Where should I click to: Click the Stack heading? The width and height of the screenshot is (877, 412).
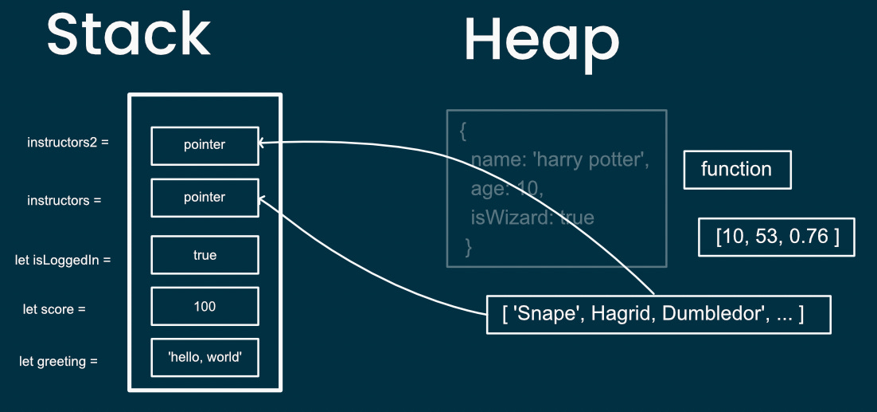click(x=128, y=35)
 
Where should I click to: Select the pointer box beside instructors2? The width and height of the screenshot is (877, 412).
click(x=205, y=145)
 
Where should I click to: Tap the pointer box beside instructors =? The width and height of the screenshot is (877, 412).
click(x=205, y=198)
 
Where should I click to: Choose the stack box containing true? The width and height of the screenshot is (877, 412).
click(x=205, y=255)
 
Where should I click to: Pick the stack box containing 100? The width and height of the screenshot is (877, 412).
click(x=205, y=306)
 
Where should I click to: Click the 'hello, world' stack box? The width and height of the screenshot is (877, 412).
click(x=205, y=357)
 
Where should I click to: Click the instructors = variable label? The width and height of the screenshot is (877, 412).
click(x=64, y=200)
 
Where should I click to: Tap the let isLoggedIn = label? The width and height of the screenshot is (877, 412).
click(x=63, y=259)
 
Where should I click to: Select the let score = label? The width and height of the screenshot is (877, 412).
click(x=53, y=308)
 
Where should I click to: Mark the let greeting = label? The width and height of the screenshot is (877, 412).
click(x=58, y=361)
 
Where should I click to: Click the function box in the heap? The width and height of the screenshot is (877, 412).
click(x=737, y=169)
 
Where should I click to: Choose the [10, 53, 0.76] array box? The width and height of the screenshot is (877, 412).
click(x=776, y=237)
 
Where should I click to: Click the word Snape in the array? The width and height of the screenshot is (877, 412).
click(x=540, y=315)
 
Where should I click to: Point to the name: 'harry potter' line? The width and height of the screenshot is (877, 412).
click(x=560, y=160)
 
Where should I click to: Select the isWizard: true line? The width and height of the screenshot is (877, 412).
click(x=532, y=217)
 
